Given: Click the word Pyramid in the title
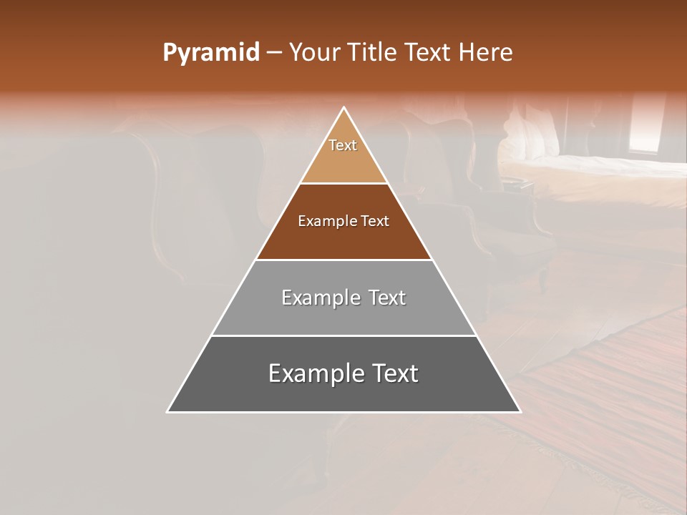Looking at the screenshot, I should pos(210,53).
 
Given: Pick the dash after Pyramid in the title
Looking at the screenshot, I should pos(274,53).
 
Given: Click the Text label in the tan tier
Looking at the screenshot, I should pos(343,145).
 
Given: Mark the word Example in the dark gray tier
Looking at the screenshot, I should pos(314,373).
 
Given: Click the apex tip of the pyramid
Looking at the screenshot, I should pos(344,108).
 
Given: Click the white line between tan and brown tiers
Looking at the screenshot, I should pos(344,184).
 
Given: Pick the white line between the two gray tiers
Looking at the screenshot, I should pos(344,335).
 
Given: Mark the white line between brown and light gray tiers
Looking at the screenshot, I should pos(344,260).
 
